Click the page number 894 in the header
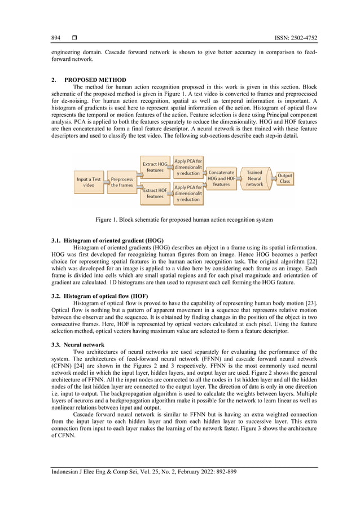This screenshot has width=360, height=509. coord(56,38)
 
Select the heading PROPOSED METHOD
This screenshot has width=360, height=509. coord(95,80)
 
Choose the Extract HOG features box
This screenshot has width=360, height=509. coord(155,167)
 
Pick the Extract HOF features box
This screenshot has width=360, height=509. coord(155,194)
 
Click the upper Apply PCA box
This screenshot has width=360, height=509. coord(188,167)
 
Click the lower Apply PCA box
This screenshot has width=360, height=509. coord(188,194)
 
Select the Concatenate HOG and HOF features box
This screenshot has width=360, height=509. coord(221,178)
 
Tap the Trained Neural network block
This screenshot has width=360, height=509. coord(254,178)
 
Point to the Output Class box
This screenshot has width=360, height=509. coord(285,178)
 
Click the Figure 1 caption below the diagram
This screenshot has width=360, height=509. coord(184,220)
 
